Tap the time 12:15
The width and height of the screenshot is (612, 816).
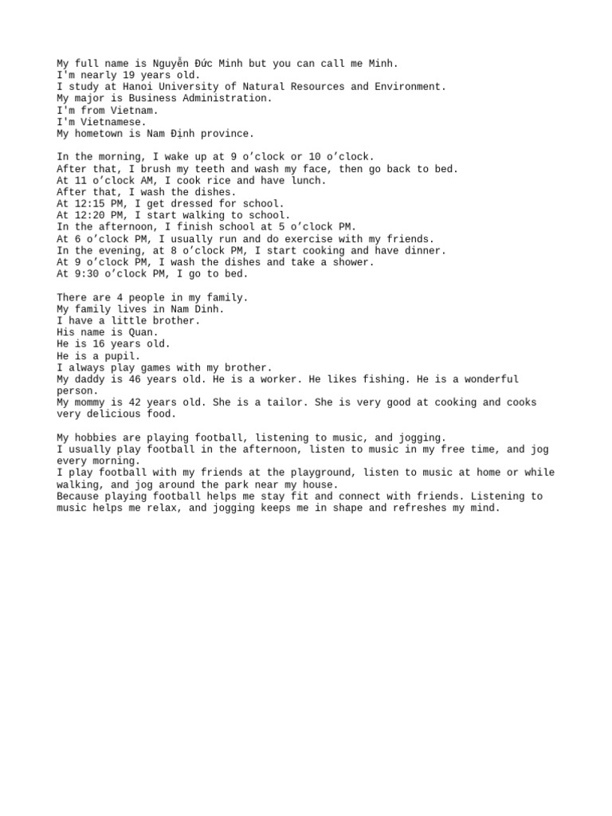(89, 204)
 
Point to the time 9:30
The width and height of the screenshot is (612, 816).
(89, 274)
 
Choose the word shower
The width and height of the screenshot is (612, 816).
(353, 262)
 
